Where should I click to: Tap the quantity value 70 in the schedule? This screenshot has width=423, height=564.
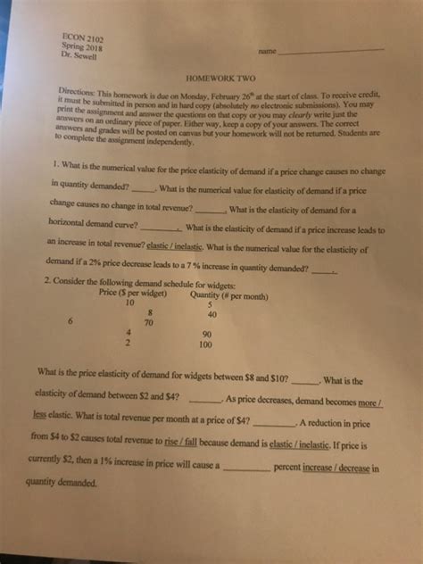pos(150,323)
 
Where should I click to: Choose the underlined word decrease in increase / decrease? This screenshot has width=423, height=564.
pos(354,465)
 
